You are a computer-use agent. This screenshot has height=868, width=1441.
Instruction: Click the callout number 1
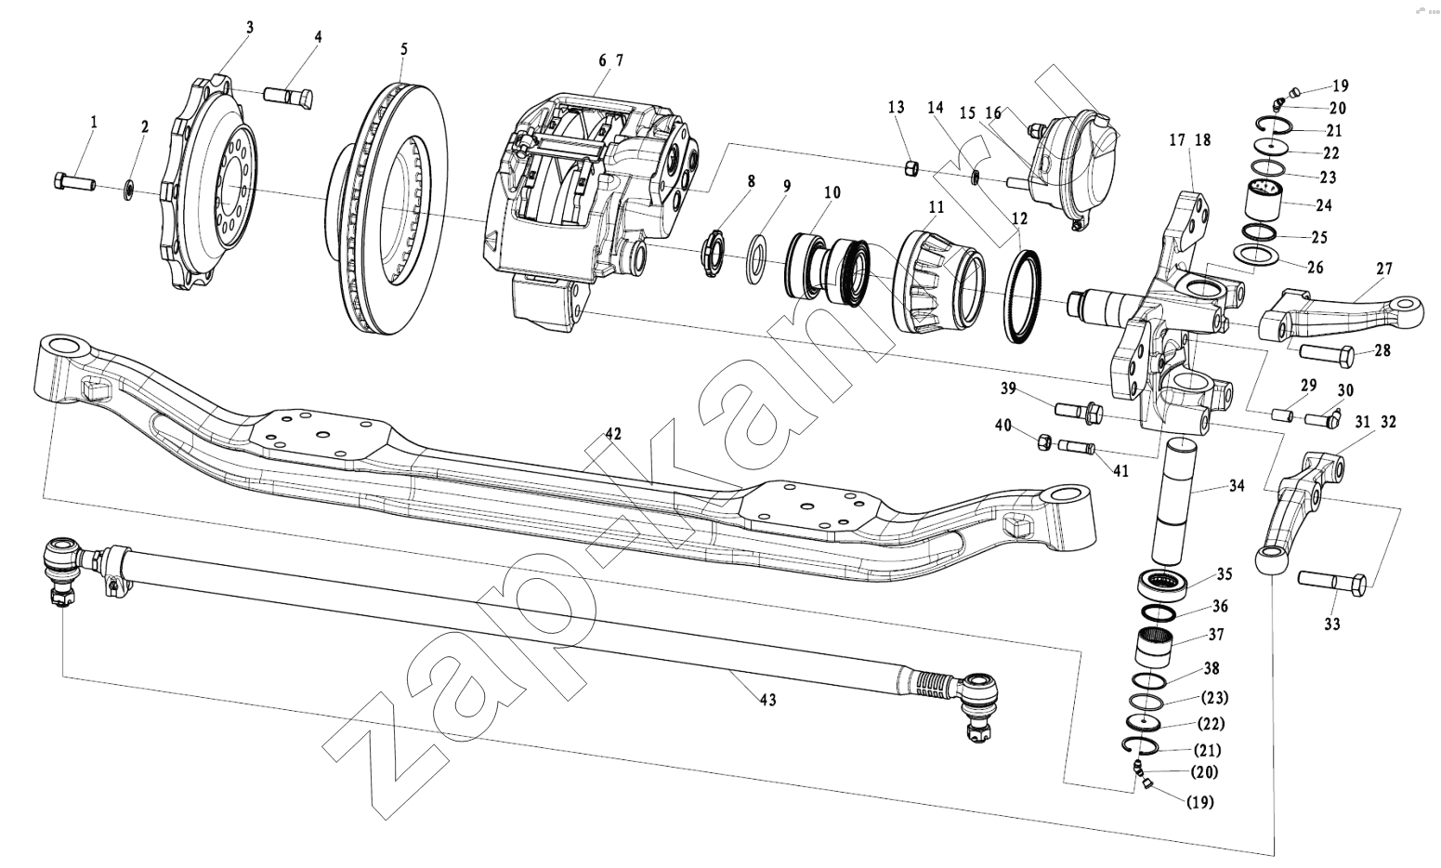tap(93, 122)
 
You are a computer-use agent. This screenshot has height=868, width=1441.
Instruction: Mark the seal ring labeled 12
tap(1025, 296)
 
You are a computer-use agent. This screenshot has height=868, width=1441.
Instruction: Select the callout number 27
tap(1384, 270)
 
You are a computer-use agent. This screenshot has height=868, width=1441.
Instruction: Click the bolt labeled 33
tap(1331, 584)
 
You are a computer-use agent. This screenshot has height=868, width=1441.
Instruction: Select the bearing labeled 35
tap(1161, 584)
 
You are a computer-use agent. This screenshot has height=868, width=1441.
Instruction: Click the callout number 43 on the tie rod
tap(767, 700)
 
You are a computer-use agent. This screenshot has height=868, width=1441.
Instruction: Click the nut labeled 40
tap(1042, 441)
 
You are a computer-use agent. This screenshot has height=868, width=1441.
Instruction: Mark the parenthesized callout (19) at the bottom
tap(1199, 802)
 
